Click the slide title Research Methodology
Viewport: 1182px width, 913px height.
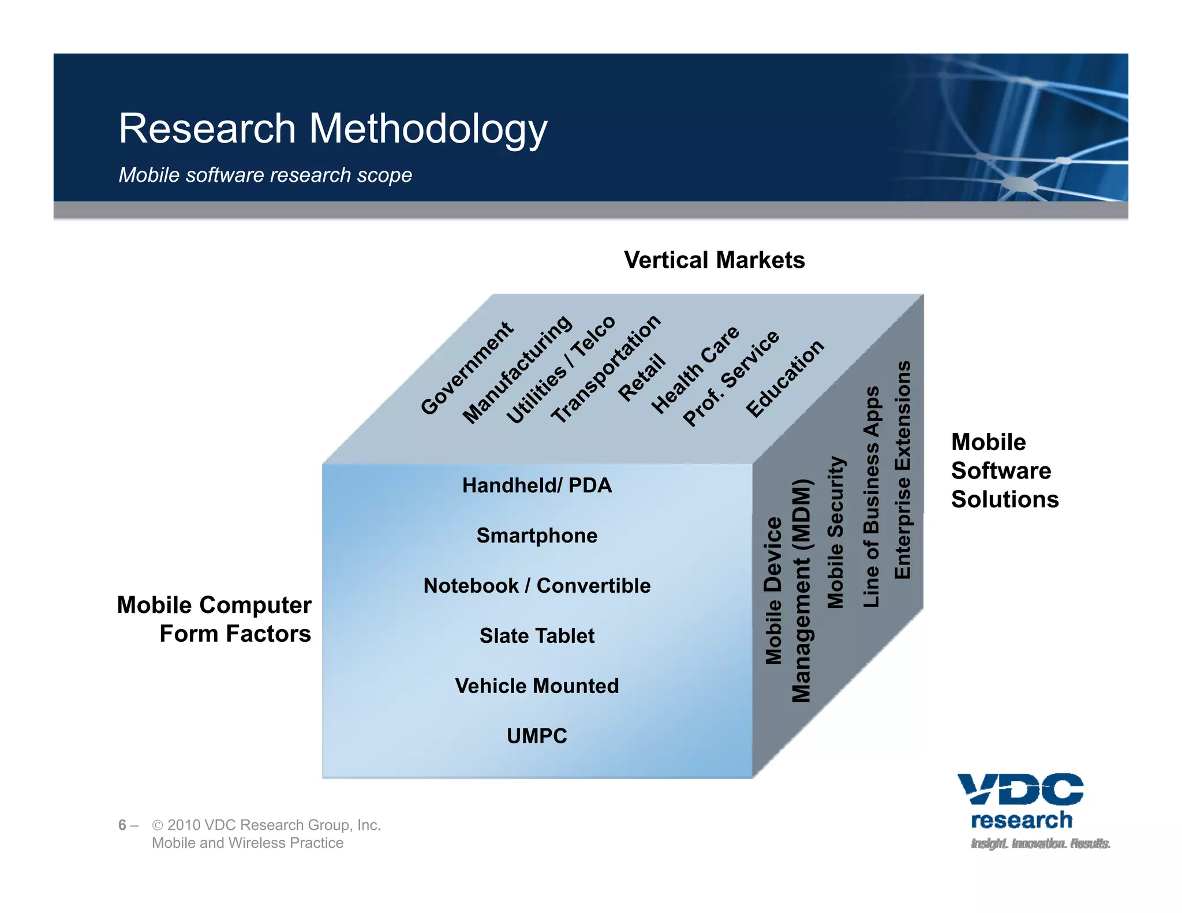click(332, 128)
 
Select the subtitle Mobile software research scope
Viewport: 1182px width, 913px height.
click(265, 175)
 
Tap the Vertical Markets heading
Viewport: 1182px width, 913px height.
click(714, 260)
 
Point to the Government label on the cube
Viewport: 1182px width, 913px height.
click(466, 368)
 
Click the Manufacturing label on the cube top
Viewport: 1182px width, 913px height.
click(517, 369)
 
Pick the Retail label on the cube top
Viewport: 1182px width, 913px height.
click(642, 377)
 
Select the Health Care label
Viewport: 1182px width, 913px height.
click(695, 369)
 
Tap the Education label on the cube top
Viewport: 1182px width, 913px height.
click(785, 378)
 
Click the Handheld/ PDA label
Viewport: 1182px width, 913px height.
click(537, 485)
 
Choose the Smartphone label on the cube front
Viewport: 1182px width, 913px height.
click(537, 536)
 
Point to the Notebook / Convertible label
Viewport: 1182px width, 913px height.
click(537, 586)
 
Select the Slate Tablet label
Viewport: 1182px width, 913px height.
click(537, 636)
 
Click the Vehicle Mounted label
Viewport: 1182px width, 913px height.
click(537, 686)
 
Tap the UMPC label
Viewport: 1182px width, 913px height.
click(537, 736)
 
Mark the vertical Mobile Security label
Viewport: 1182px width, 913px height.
click(836, 532)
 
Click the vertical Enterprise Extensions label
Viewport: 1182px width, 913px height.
click(902, 470)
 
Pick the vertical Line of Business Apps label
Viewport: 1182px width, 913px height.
click(871, 496)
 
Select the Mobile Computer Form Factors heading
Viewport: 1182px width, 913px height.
click(215, 619)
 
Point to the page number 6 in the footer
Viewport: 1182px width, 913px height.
click(122, 825)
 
